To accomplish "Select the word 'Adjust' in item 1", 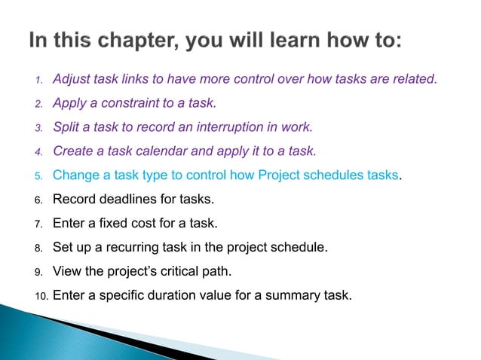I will (72, 78).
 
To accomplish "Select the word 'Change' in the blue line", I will (75, 175).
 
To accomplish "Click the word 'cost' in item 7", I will (139, 224).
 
